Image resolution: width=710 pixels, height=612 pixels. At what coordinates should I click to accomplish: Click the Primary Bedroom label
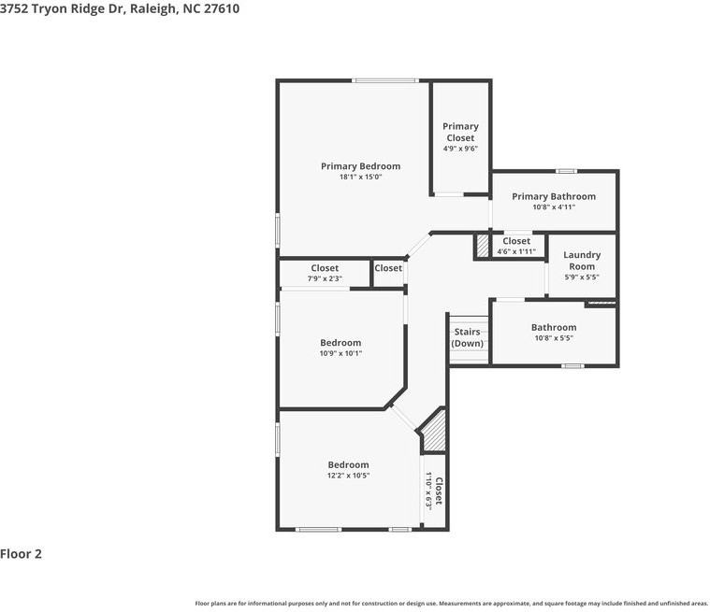coord(360,166)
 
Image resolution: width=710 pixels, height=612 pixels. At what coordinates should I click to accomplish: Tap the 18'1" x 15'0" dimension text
coord(360,177)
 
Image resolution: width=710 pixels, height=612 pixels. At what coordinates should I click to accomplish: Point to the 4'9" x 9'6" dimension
coord(460,149)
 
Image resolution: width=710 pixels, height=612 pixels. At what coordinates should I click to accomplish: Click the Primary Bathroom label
coord(554,196)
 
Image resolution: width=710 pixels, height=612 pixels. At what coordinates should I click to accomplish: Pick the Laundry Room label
coord(582,261)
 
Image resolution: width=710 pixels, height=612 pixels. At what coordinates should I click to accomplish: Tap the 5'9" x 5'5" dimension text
coord(582,278)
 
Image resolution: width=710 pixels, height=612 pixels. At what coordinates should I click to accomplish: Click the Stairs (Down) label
coord(468,337)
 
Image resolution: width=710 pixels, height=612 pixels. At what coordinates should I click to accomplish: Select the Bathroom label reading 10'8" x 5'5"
coord(554,327)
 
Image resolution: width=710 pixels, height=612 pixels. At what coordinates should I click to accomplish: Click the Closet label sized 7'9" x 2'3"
coord(325,268)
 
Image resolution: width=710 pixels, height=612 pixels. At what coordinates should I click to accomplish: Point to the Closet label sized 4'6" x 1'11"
coord(516,241)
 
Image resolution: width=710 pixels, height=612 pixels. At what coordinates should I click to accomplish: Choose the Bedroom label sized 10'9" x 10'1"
coord(341,343)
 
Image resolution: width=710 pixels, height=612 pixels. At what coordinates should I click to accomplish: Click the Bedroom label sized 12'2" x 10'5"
coord(348,464)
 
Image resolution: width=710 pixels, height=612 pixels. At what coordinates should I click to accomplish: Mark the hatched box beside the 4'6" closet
coord(483,246)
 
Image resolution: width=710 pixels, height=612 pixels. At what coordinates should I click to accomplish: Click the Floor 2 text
coord(22,554)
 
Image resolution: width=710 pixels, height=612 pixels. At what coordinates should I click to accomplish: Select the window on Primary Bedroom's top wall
coord(385,80)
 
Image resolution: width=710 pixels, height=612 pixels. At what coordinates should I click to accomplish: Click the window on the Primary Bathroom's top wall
coord(565,171)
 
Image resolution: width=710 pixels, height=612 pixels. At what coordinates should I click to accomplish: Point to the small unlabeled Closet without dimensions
coord(388,268)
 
